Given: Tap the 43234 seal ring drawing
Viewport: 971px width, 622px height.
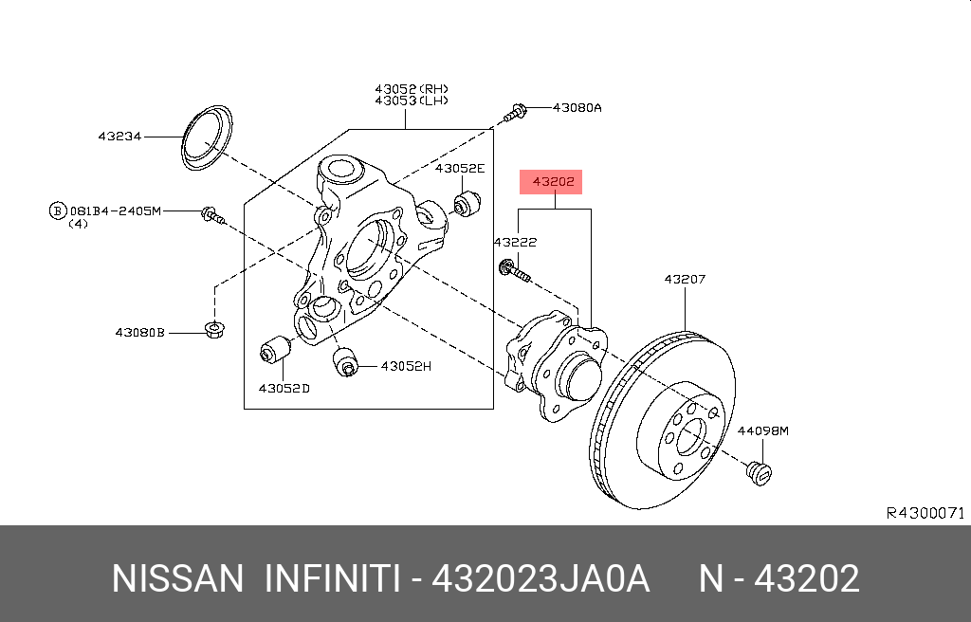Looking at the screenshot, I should [207, 141].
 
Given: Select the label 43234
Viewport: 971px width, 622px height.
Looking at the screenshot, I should [119, 137].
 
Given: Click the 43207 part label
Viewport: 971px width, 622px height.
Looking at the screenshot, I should [685, 280].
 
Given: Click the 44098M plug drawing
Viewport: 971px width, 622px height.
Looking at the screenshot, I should [758, 471].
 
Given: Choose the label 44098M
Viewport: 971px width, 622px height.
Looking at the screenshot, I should [763, 430].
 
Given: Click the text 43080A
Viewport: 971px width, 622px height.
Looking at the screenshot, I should [577, 108].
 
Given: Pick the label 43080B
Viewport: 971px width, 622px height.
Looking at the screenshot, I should [140, 333].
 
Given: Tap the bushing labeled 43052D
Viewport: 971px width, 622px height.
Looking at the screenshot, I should [274, 351].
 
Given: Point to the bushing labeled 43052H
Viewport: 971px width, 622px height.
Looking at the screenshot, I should [345, 361].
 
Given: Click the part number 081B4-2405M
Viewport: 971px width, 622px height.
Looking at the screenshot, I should [115, 210].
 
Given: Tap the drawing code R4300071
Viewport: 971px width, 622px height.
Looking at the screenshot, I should [925, 513].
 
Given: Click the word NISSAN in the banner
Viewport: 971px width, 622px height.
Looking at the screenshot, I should [178, 578].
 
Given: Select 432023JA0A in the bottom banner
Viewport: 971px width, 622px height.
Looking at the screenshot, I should [540, 578].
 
